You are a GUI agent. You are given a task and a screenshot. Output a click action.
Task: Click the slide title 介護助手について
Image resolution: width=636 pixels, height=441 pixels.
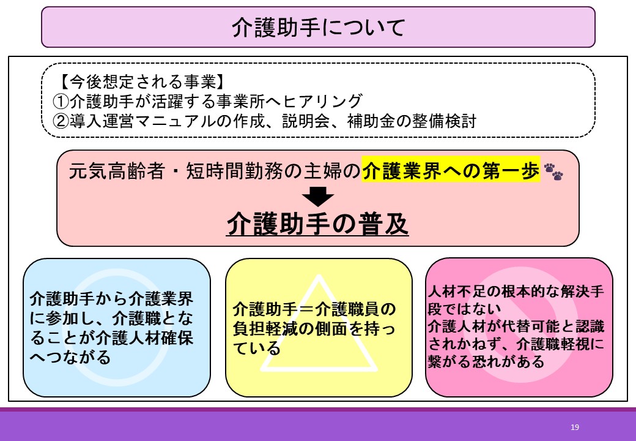[319, 27]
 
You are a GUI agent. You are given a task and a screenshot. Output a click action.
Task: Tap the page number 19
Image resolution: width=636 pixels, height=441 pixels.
[574, 427]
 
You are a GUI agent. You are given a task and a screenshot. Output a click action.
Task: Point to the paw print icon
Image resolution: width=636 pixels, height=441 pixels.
[553, 171]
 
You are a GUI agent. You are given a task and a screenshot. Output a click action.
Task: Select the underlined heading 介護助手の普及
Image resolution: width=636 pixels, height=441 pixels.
[317, 224]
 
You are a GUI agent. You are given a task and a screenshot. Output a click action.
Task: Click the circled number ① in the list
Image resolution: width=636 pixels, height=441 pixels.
[61, 101]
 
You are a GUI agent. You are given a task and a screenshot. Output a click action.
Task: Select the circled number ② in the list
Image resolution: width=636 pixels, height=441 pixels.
[61, 121]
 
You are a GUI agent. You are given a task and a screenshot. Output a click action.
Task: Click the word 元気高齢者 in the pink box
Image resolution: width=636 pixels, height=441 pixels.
[116, 171]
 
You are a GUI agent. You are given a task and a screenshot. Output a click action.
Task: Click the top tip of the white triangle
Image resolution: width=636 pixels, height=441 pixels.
[319, 275]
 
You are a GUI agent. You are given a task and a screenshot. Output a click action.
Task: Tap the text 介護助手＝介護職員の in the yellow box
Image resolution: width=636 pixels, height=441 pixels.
[314, 309]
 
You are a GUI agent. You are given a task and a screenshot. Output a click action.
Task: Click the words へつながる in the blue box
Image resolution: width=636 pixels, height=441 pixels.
[70, 357]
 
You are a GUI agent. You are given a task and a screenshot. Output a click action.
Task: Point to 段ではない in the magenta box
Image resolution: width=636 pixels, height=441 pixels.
[464, 309]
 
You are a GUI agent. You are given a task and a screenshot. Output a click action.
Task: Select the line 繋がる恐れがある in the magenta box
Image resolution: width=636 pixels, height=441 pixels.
[486, 361]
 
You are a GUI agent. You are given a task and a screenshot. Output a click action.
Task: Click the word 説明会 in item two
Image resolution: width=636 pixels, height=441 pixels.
[306, 121]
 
